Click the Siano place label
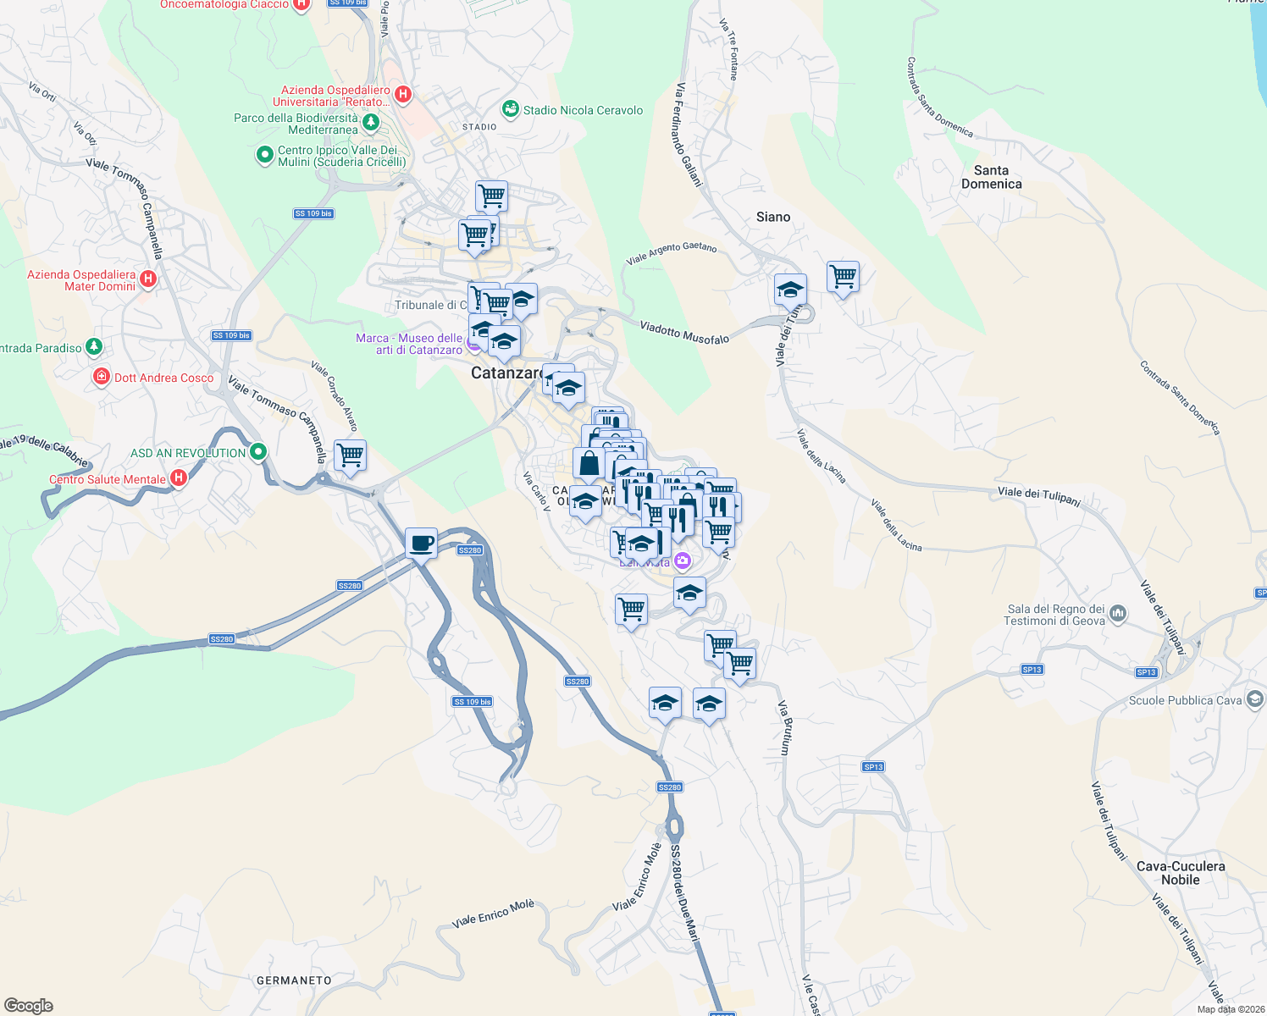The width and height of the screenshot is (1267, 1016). [x=772, y=217]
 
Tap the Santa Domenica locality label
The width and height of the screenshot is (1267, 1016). [x=991, y=177]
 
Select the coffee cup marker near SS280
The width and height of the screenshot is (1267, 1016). [x=421, y=544]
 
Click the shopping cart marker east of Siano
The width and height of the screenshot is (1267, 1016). [x=843, y=276]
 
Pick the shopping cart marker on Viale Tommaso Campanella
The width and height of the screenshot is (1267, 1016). [x=350, y=456]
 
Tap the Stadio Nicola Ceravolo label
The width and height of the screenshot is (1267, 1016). [x=583, y=110]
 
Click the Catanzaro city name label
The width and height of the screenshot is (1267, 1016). [x=506, y=373]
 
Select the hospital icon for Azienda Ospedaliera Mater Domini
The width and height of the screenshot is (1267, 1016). [x=148, y=279]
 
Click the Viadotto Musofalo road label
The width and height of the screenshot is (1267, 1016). [x=683, y=332]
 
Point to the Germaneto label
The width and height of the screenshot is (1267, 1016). [x=294, y=980]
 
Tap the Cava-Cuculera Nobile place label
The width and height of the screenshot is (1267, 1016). [x=1181, y=873]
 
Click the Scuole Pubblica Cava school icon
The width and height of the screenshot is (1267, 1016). [x=1255, y=699]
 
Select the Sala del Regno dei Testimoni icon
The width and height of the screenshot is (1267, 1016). [x=1118, y=613]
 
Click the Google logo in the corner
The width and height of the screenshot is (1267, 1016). [x=29, y=1006]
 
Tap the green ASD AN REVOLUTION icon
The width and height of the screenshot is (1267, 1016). [x=258, y=452]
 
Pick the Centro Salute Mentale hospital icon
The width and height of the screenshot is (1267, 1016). [x=178, y=478]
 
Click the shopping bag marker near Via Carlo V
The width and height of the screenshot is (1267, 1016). [x=589, y=464]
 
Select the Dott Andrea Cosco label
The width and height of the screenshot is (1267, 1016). [x=163, y=378]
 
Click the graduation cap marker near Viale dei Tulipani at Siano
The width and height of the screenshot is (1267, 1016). [x=789, y=290]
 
